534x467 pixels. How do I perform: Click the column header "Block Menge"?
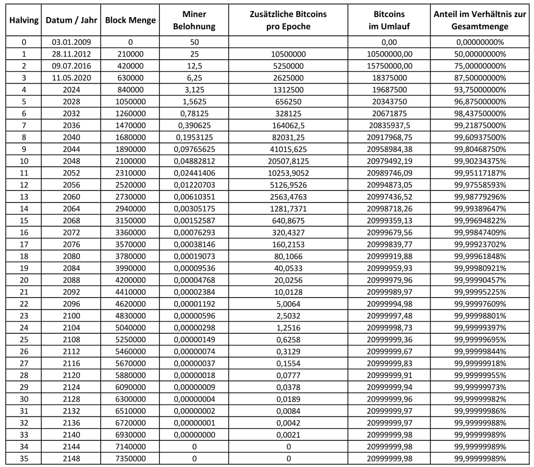pyautogui.click(x=131, y=20)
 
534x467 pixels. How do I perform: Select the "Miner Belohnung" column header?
pyautogui.click(x=194, y=20)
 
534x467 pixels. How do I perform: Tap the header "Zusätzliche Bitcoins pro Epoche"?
pyautogui.click(x=288, y=20)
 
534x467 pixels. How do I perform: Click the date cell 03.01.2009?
pyautogui.click(x=71, y=42)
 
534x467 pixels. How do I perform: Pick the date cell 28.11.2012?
pyautogui.click(x=71, y=54)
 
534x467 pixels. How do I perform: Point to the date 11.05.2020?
pyautogui.click(x=71, y=78)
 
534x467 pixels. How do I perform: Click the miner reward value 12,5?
pyautogui.click(x=194, y=66)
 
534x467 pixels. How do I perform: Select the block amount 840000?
pyautogui.click(x=131, y=90)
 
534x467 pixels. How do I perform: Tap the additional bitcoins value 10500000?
pyautogui.click(x=288, y=54)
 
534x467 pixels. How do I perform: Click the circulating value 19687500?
pyautogui.click(x=390, y=90)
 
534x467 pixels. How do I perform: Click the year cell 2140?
pyautogui.click(x=71, y=434)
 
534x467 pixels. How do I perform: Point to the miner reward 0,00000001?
pyautogui.click(x=194, y=422)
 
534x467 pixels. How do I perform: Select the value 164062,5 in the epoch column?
pyautogui.click(x=288, y=125)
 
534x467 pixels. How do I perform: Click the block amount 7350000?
pyautogui.click(x=131, y=458)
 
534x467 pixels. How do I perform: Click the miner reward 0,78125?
pyautogui.click(x=194, y=114)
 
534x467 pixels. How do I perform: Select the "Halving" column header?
pyautogui.click(x=23, y=20)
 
